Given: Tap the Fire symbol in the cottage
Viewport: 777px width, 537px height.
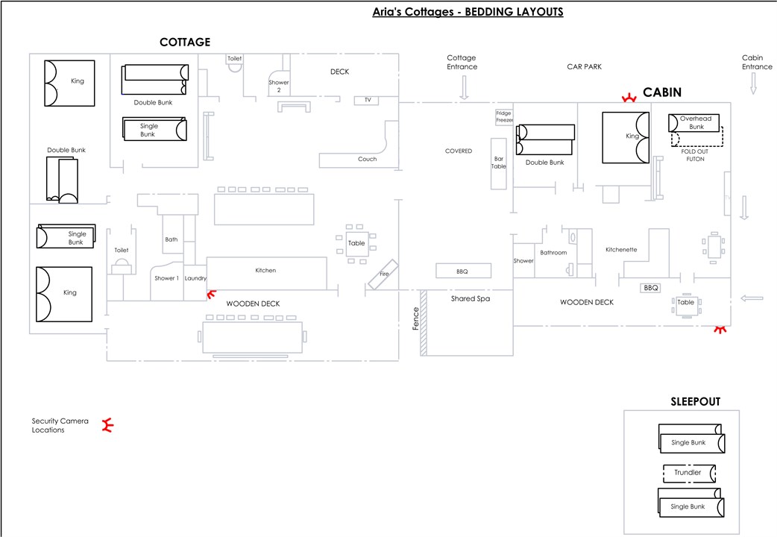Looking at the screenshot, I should point(384,274).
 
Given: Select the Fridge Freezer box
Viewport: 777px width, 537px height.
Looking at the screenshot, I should point(504,117).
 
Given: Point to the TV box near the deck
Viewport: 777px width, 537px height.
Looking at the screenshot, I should point(368,100).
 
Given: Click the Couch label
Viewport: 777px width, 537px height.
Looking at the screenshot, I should point(368,159).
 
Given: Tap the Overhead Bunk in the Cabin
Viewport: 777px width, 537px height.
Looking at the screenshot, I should point(696,122).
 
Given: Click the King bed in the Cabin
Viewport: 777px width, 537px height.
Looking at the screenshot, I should point(625,136).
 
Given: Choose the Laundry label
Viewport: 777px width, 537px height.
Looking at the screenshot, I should point(195,278).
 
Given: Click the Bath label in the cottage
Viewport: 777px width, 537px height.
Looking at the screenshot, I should point(172,239).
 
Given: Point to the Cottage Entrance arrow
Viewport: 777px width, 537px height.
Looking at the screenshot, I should point(464,89).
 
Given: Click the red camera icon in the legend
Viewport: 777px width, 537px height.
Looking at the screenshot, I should point(107,426).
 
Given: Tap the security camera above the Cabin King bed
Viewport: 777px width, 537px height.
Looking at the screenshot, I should point(630,97).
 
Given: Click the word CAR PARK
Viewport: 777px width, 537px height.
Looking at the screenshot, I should point(584,66).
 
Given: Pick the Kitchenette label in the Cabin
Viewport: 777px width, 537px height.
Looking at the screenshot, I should point(621,250).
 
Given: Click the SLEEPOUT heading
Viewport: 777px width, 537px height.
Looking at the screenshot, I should point(695,402).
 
